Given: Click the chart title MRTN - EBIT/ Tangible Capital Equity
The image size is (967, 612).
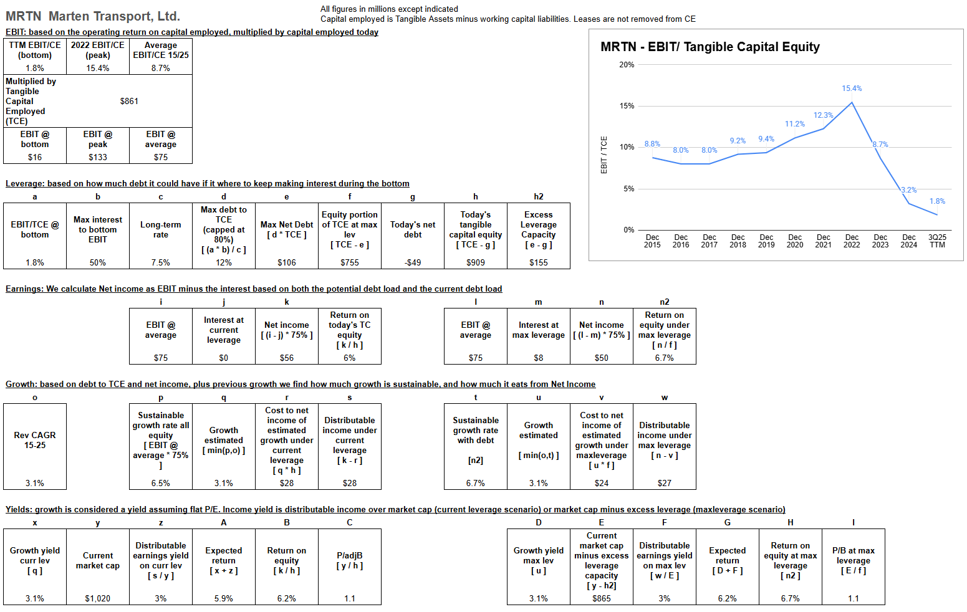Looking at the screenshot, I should tap(710, 47).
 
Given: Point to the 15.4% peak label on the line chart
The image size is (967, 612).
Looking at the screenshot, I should tap(852, 88).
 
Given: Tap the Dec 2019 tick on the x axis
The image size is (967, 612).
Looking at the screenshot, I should tap(766, 241).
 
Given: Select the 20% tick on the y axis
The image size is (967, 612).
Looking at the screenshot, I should tap(627, 65).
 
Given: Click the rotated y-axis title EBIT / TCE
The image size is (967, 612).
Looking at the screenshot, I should tap(604, 155).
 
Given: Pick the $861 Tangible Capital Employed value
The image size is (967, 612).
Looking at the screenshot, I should tap(129, 101).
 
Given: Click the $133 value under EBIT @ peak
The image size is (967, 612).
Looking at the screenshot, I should tap(98, 157).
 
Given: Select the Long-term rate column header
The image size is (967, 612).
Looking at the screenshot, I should tap(161, 229).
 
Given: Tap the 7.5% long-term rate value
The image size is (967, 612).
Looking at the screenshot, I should tap(161, 262).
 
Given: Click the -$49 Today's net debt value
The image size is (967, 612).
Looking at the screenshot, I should tap(413, 262).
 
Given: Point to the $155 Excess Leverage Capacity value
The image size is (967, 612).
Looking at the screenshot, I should tap(539, 262).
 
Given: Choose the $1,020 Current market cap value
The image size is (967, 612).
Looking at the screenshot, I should tap(98, 598).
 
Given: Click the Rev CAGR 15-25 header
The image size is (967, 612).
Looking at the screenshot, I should tap(35, 440).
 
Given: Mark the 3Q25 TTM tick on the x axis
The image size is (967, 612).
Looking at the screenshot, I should tap(937, 241).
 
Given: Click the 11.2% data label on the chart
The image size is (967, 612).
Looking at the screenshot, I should tap(795, 124).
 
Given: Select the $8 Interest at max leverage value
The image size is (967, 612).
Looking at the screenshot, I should tap(539, 358).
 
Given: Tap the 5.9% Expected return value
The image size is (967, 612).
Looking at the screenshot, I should tap(224, 598).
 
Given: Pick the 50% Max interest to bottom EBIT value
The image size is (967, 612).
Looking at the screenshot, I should tap(98, 262).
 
